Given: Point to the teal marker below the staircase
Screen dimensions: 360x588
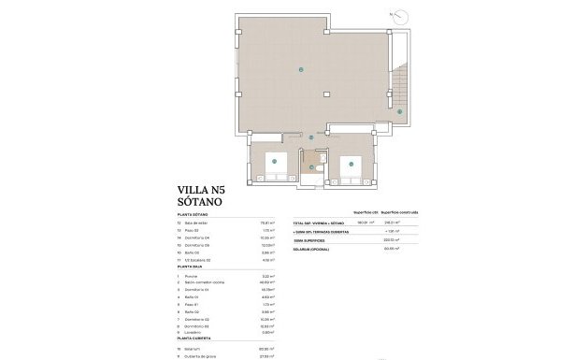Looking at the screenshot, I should [399, 112].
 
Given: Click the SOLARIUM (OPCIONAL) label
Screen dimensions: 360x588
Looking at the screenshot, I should [313, 248].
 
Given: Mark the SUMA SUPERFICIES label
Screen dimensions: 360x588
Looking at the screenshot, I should [308, 239].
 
